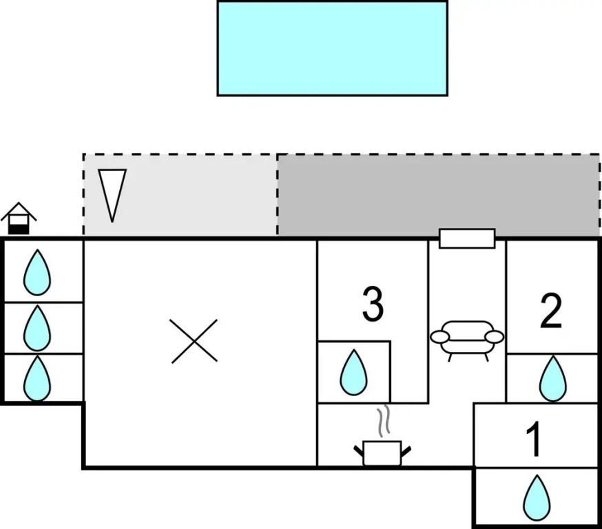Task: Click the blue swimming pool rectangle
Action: (x=332, y=48)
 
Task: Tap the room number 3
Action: (x=373, y=305)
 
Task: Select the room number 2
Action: (x=551, y=311)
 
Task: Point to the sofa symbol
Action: (x=467, y=338)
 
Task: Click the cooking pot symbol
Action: (x=382, y=453)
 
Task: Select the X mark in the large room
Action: (x=194, y=341)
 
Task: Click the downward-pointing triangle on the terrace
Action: (x=112, y=194)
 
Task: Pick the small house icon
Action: (x=19, y=218)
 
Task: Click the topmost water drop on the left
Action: (x=37, y=273)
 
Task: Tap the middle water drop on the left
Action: (x=37, y=328)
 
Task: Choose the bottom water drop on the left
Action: (x=37, y=378)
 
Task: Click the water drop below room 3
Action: (x=354, y=373)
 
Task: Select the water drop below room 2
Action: (x=552, y=378)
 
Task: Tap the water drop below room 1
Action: (x=537, y=498)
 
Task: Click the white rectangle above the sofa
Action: (x=467, y=238)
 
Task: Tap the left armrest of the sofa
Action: (x=439, y=337)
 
